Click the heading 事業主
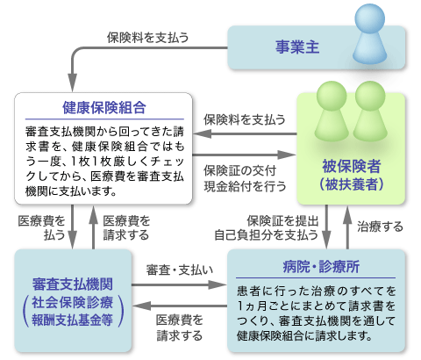coord(297,47)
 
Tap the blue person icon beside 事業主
coord(370,33)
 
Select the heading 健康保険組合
coord(104,108)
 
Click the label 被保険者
coord(351,166)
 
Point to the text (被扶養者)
coord(351,184)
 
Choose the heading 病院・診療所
coord(321,267)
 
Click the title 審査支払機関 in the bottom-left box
coord(73,284)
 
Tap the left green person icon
coord(332,112)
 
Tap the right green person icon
coord(370,112)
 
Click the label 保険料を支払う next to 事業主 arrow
coord(147,38)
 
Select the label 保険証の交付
coord(239,170)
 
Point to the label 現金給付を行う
coord(245,186)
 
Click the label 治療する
coord(380,227)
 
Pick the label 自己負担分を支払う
coord(266,235)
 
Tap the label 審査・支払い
coord(180,270)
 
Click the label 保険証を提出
coord(282,220)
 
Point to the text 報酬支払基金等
coord(73,320)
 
